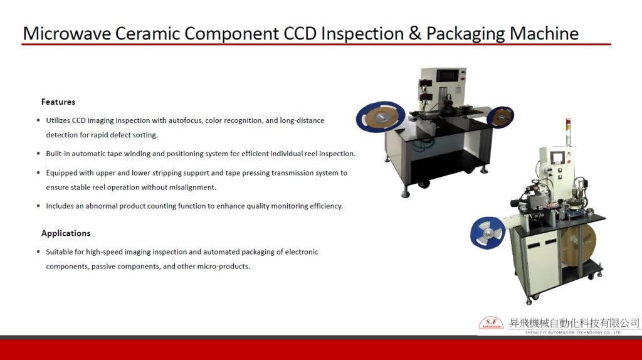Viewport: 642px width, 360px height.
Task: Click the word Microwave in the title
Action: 66,33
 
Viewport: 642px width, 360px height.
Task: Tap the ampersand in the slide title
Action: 415,33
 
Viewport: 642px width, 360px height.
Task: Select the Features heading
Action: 58,102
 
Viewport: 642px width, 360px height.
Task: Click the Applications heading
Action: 66,233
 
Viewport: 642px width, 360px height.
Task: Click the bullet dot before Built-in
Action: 38,154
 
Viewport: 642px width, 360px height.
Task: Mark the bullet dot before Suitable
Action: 38,252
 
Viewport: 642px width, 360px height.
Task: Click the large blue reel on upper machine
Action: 381,117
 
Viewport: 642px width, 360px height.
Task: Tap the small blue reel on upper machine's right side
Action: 500,117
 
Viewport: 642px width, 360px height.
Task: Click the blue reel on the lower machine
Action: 487,233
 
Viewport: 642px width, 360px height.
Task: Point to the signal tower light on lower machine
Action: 568,131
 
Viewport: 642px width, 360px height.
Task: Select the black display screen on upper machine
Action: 448,75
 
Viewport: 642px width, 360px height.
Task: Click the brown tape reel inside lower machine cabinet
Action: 578,245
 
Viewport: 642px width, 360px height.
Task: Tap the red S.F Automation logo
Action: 491,323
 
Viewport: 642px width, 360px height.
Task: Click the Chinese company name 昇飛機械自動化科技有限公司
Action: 574,323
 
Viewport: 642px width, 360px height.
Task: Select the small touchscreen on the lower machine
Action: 557,157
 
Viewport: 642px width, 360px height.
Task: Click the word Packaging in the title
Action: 466,34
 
